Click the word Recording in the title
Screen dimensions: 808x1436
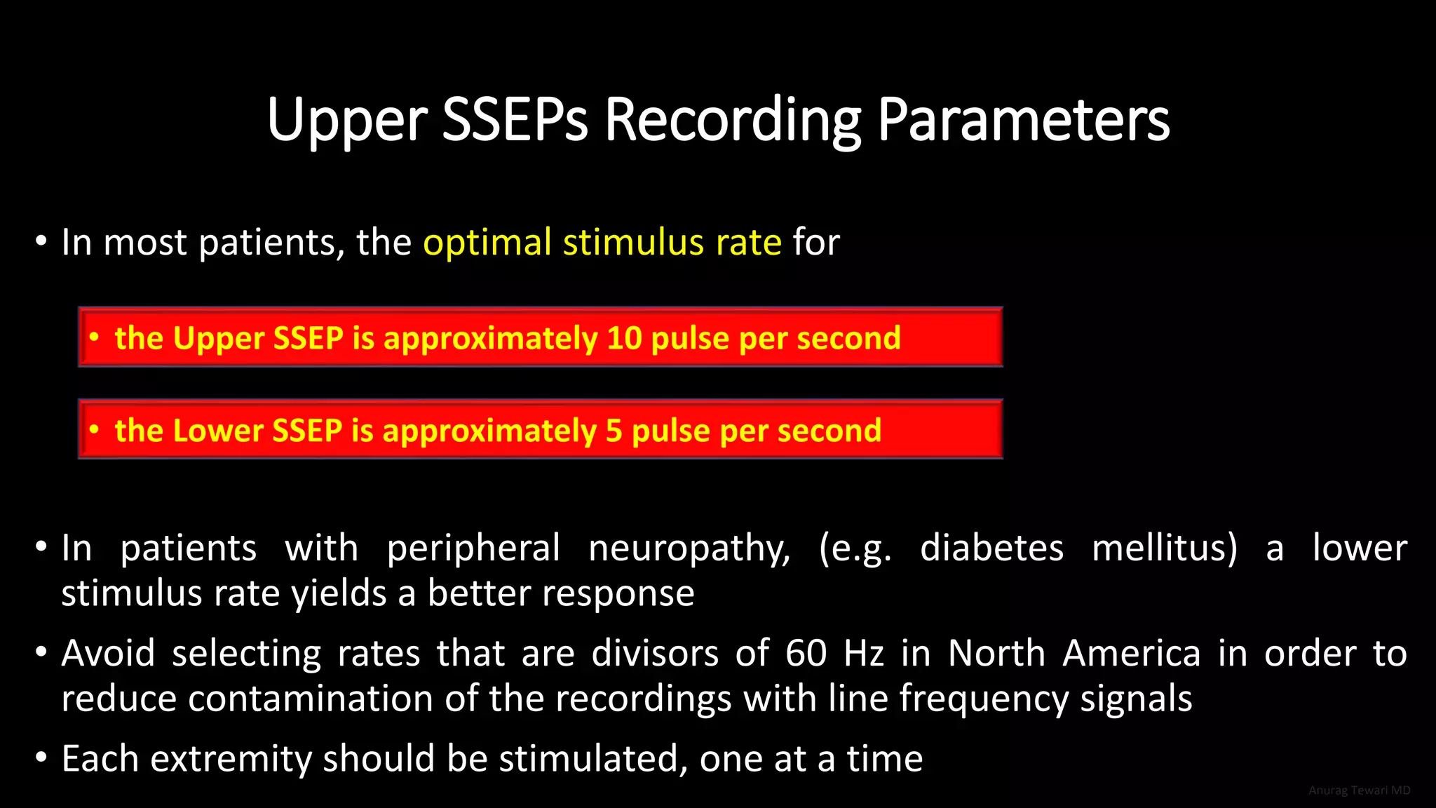[732, 120]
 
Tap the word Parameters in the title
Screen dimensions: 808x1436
[1024, 120]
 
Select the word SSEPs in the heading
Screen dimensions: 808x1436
[515, 120]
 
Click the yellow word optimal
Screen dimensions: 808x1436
[487, 243]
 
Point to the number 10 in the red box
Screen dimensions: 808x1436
[624, 338]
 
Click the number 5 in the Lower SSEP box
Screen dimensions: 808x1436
[614, 431]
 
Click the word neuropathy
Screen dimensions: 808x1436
[689, 548]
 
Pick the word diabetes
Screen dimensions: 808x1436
[991, 548]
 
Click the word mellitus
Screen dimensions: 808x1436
[1165, 548]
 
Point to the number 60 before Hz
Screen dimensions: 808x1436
[806, 654]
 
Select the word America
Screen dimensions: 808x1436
[1132, 654]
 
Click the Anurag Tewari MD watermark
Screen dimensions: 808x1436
[1359, 790]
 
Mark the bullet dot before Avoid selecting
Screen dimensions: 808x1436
[41, 654]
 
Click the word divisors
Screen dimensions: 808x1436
[655, 654]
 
